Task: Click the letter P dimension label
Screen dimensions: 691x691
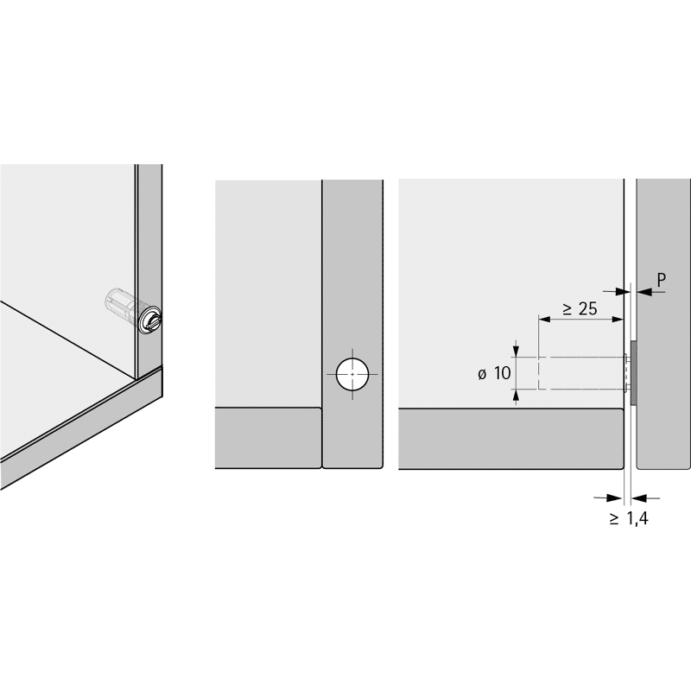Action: (661, 280)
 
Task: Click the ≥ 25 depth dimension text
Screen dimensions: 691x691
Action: (580, 309)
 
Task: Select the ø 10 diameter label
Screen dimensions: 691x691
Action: (494, 373)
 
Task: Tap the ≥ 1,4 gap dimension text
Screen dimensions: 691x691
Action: (629, 518)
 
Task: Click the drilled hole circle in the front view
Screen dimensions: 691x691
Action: (352, 374)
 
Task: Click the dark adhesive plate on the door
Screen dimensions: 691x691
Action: (634, 373)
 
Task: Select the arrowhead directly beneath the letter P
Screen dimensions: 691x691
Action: (644, 291)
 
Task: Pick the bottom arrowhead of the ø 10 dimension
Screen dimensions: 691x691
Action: (517, 397)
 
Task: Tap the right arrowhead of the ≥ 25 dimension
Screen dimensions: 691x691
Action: (617, 320)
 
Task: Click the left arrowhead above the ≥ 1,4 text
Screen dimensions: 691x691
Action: (617, 498)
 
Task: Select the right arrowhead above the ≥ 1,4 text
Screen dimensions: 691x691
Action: (639, 498)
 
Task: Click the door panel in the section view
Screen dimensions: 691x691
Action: (663, 324)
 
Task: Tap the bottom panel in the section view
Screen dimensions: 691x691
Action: (510, 439)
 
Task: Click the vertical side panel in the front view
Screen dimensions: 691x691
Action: (352, 324)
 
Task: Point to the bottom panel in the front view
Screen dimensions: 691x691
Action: (268, 438)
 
